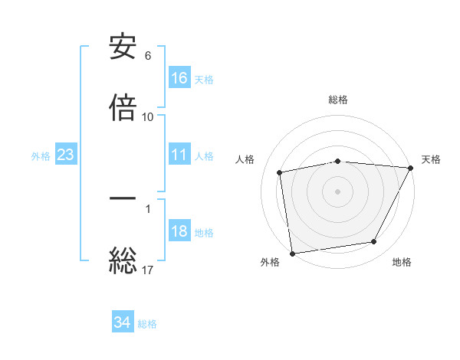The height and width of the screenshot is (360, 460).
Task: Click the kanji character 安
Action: [123, 48]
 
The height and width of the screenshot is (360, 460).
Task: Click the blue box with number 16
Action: [179, 78]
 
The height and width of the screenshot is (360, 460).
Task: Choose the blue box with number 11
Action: [179, 155]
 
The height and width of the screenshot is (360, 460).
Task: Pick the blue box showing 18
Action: [179, 232]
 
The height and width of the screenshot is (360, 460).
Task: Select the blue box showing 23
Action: [66, 155]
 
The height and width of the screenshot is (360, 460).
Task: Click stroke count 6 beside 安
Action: [148, 56]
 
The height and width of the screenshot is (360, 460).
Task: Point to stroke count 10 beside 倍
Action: [148, 117]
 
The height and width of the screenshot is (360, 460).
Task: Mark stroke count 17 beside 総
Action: [148, 270]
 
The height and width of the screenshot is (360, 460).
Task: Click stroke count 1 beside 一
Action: [148, 208]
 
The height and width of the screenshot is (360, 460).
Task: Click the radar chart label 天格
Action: [432, 159]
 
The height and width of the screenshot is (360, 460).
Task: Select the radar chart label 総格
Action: [338, 100]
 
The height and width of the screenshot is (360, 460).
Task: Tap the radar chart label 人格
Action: [245, 159]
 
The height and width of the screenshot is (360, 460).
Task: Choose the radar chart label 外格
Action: [269, 263]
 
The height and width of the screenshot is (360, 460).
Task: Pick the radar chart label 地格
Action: [402, 263]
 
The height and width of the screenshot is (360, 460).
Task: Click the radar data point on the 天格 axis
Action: [411, 168]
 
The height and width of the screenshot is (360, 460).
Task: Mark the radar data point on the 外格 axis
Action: [292, 253]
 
